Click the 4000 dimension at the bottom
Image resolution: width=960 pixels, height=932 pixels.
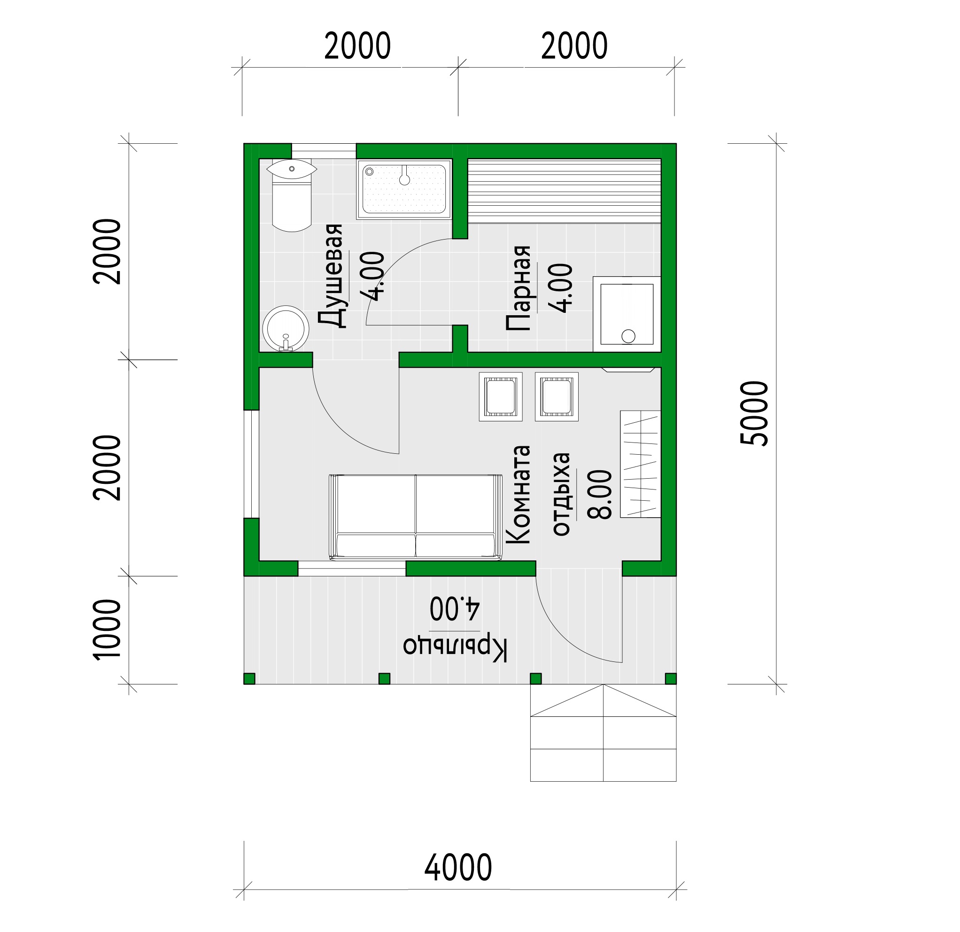[457, 867]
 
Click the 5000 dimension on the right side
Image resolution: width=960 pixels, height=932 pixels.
[754, 413]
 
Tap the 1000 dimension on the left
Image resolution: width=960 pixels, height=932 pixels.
[107, 629]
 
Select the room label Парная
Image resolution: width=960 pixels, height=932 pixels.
[518, 288]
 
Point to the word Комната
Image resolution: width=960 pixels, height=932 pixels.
[518, 495]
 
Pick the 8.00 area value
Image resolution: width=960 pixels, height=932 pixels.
[599, 495]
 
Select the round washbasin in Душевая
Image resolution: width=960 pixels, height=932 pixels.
[286, 329]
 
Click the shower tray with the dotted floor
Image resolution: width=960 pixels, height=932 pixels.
[404, 189]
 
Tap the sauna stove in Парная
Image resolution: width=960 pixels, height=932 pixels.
[627, 314]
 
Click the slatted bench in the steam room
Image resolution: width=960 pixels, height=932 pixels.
[564, 191]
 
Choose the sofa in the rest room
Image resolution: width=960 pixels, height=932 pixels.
[415, 517]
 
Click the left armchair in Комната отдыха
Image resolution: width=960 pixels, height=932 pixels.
[501, 396]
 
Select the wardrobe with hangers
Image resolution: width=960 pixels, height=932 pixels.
[641, 464]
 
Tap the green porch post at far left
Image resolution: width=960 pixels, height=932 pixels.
[249, 679]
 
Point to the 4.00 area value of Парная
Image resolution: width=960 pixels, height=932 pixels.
[560, 288]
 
